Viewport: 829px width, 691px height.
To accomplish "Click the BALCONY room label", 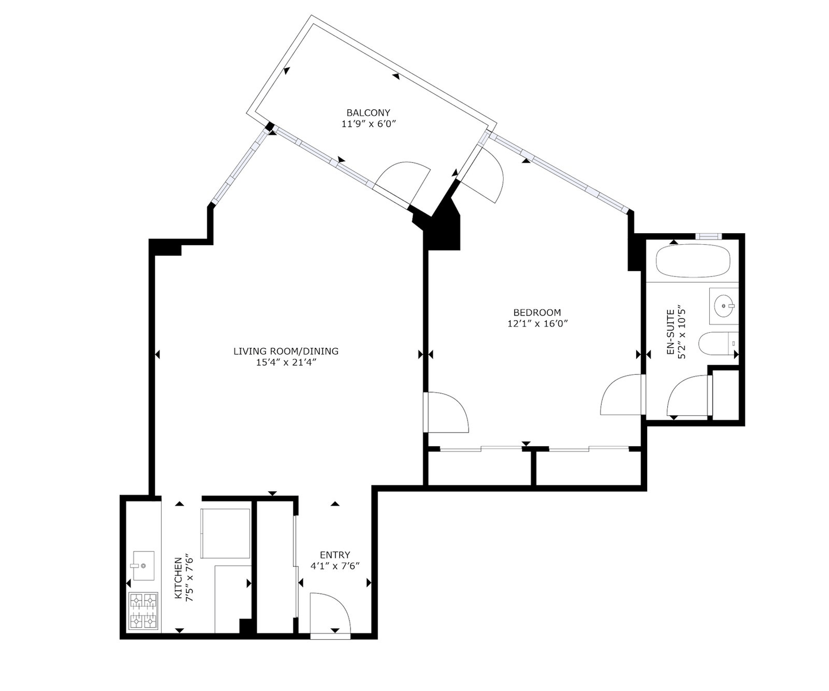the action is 368,112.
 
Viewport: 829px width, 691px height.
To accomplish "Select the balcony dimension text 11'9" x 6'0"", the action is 369,124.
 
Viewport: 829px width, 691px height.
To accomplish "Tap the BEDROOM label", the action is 537,312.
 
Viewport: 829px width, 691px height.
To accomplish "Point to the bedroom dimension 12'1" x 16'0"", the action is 538,324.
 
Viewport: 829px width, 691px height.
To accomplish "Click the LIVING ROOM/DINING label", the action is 286,351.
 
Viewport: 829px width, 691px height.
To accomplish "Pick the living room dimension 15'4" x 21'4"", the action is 286,363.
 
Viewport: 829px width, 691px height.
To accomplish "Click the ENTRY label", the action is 335,555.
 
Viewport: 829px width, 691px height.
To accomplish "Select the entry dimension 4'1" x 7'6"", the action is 335,566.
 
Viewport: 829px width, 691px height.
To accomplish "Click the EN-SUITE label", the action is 671,332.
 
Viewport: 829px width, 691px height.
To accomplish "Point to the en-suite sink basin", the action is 724,306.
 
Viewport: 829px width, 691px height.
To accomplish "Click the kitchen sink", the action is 143,565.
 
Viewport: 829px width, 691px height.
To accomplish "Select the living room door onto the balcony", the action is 402,183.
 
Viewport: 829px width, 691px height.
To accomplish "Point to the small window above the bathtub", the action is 708,237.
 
